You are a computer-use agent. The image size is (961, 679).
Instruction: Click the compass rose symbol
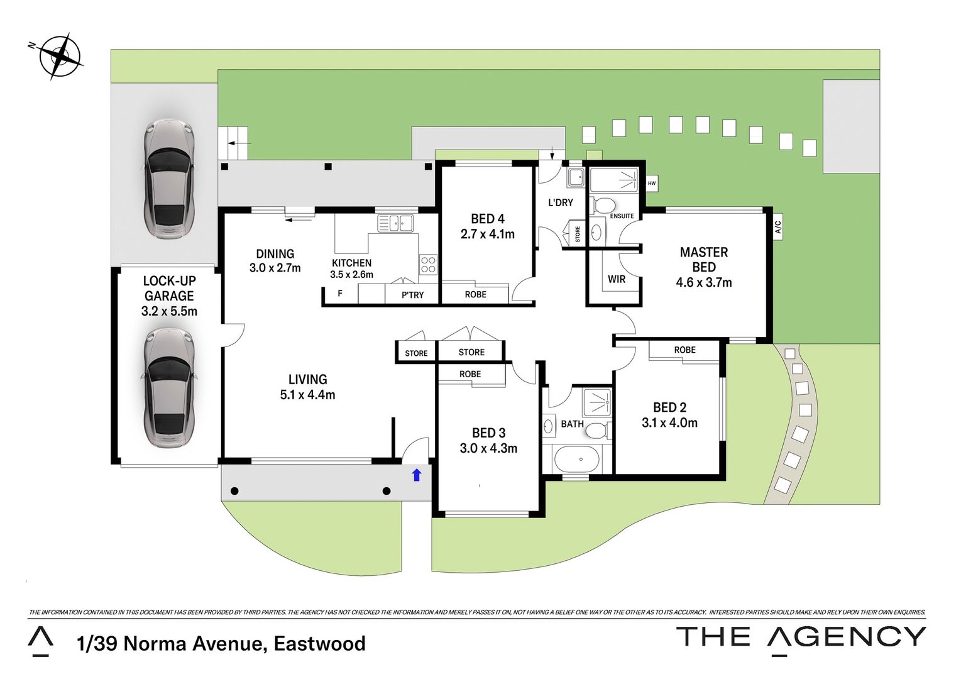[60, 56]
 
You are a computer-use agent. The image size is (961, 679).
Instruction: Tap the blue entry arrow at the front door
[416, 475]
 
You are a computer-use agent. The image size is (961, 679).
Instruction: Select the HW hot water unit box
[652, 183]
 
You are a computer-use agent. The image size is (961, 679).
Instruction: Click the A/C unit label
[778, 226]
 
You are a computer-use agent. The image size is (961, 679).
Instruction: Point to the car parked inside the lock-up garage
[168, 388]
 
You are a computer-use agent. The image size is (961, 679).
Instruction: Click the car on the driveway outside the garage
[168, 179]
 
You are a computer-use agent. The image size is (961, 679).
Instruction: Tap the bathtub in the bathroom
[577, 460]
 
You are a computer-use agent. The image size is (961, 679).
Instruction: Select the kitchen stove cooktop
[428, 265]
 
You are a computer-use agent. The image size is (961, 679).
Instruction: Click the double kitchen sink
[395, 223]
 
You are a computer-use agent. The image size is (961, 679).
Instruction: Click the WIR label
[617, 279]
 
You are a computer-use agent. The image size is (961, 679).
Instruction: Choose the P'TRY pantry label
[412, 295]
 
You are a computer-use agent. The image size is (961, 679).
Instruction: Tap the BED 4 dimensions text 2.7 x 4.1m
[487, 235]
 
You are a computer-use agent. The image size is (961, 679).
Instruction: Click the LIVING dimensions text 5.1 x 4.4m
[307, 395]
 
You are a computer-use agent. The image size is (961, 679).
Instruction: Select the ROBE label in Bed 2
[684, 350]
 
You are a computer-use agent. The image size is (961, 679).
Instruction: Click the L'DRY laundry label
[560, 202]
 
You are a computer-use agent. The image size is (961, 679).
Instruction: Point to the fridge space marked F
[340, 294]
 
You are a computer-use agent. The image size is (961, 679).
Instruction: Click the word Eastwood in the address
[319, 644]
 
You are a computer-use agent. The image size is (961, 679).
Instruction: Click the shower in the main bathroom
[596, 403]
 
